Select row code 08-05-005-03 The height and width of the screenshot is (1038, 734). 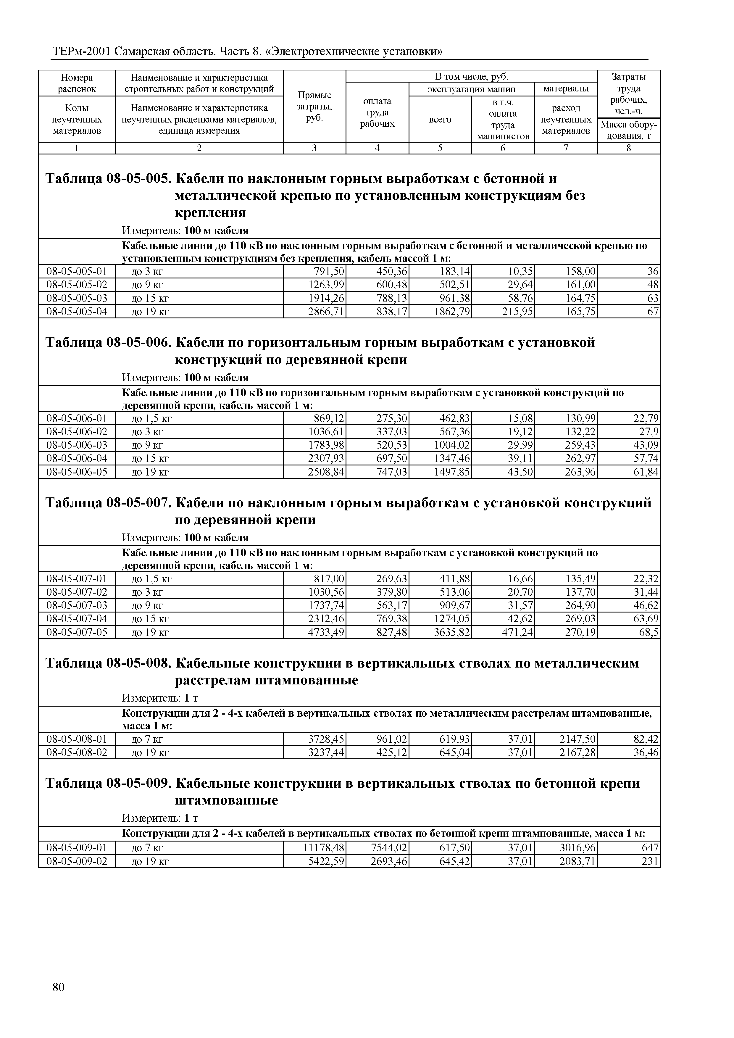(x=77, y=298)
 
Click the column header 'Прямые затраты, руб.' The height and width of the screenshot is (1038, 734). (x=314, y=107)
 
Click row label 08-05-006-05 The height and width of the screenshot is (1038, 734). (x=77, y=472)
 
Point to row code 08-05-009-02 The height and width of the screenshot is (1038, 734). (x=77, y=861)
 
